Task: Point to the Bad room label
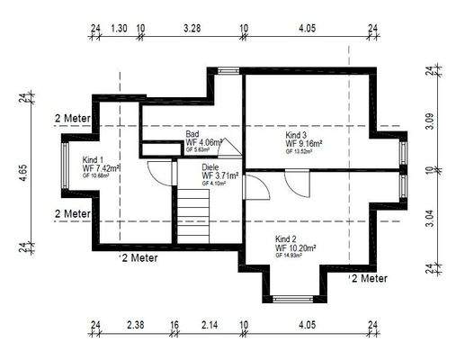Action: click(x=192, y=132)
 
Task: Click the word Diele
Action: click(x=211, y=166)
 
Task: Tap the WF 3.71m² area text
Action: click(x=219, y=175)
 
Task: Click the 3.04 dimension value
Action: click(x=430, y=214)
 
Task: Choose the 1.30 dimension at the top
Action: click(x=119, y=29)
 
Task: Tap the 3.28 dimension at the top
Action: click(x=191, y=29)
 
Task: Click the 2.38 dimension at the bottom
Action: click(x=136, y=325)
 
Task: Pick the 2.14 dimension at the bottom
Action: click(x=209, y=325)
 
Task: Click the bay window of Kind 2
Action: click(x=294, y=298)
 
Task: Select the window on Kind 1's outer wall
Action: click(x=64, y=171)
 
